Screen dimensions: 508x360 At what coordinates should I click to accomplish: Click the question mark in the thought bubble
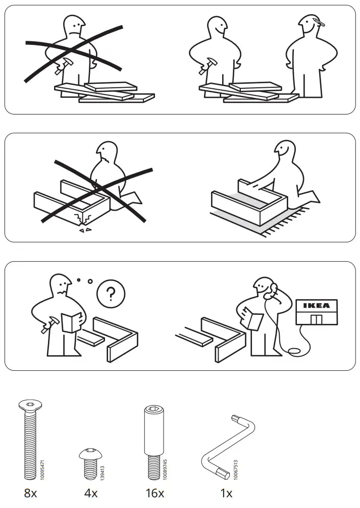(x=111, y=294)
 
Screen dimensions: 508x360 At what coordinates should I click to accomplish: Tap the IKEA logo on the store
(x=316, y=306)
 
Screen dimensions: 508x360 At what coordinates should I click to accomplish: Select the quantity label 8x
(x=31, y=493)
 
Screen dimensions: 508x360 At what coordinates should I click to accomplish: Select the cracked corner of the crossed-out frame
(x=83, y=219)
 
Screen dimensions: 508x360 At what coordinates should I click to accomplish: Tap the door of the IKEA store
(x=316, y=319)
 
